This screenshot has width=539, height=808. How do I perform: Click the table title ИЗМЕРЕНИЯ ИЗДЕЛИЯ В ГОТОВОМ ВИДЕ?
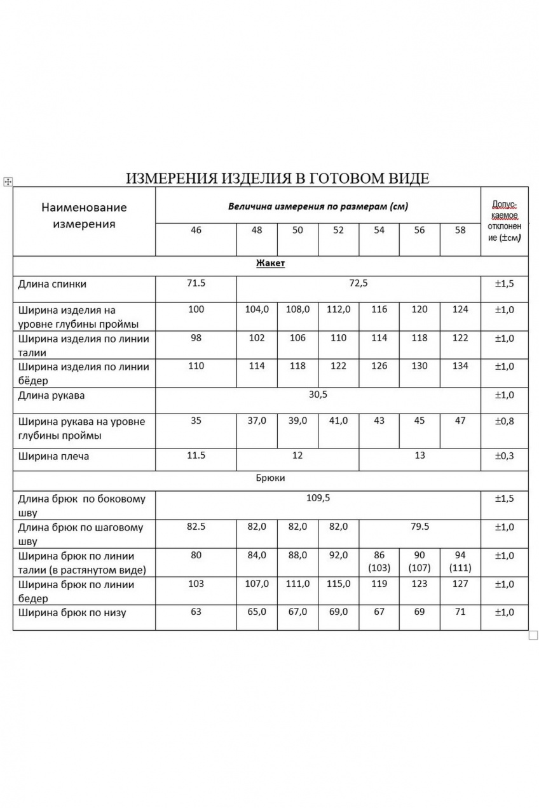click(x=277, y=178)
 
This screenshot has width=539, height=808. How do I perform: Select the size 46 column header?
click(x=196, y=231)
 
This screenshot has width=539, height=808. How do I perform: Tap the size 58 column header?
click(x=460, y=231)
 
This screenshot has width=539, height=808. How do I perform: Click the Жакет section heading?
click(x=270, y=264)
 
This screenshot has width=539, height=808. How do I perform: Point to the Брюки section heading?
click(x=270, y=478)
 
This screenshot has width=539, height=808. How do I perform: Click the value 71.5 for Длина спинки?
click(x=196, y=283)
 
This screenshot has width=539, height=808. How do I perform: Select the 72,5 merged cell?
click(x=358, y=283)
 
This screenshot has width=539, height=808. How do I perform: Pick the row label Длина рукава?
click(x=51, y=396)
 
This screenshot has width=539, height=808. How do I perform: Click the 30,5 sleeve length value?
click(x=317, y=395)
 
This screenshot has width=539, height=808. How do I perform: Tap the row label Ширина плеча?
click(x=54, y=457)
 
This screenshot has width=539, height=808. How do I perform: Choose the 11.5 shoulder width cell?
click(x=196, y=456)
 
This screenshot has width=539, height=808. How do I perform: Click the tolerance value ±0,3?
click(x=505, y=456)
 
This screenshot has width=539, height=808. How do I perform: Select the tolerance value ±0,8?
click(x=505, y=421)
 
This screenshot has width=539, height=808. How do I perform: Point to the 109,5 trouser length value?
click(x=318, y=498)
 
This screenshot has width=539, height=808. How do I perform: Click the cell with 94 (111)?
click(x=460, y=562)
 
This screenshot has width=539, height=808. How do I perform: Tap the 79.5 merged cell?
click(x=420, y=527)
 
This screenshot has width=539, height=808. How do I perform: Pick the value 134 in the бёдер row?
click(x=460, y=366)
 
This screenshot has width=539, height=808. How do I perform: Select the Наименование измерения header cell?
click(x=84, y=215)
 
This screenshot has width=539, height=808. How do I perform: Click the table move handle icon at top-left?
click(x=8, y=182)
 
